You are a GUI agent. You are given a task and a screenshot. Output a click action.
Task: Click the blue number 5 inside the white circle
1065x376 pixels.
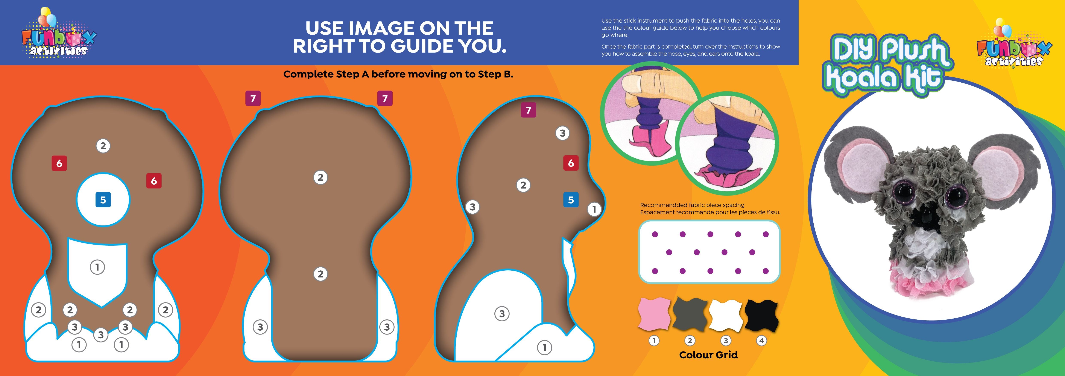[103, 200]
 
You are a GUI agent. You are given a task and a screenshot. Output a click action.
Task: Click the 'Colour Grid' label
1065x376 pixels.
[708, 355]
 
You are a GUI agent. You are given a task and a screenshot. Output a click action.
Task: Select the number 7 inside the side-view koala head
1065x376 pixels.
[528, 110]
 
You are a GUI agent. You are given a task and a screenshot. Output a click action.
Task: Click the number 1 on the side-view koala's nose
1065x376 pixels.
[594, 209]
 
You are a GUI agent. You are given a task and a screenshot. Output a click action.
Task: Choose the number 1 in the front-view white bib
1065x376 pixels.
[97, 267]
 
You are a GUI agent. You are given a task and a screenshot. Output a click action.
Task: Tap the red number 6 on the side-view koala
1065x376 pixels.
[571, 163]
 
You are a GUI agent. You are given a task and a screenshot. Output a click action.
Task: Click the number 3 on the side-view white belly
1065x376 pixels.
[502, 314]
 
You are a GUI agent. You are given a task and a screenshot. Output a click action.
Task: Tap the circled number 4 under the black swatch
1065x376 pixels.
[761, 341]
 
